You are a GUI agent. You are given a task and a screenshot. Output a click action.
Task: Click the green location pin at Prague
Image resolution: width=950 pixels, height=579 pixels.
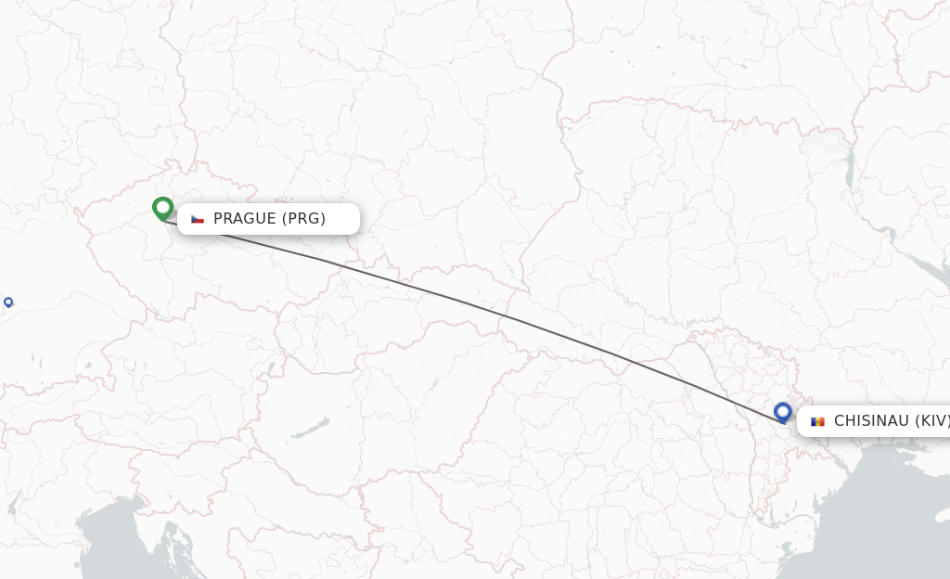(x=163, y=208)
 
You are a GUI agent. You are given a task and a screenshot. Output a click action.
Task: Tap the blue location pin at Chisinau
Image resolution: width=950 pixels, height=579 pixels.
(x=783, y=412)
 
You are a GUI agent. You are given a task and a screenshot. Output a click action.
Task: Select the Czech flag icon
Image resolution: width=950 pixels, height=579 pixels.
(x=198, y=219)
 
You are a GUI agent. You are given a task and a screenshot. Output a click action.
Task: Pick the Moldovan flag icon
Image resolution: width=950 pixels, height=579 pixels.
(x=817, y=421)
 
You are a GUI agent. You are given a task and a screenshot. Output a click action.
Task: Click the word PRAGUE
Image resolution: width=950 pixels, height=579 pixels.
(x=245, y=219)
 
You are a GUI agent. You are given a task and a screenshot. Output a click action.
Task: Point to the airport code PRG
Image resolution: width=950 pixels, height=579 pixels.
(x=303, y=219)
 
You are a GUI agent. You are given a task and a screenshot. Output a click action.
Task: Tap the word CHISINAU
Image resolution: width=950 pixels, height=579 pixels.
(x=870, y=421)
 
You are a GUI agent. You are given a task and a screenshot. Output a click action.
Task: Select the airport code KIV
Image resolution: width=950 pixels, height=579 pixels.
(x=932, y=421)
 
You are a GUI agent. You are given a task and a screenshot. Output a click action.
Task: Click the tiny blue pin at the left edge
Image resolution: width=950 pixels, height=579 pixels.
(x=8, y=302)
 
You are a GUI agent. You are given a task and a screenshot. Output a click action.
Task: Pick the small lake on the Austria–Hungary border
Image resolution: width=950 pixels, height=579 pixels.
(x=270, y=371)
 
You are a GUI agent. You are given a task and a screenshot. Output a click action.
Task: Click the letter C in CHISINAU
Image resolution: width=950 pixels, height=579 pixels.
(x=840, y=421)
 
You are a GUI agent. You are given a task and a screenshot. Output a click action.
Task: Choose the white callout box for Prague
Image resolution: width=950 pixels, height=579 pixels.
(x=268, y=219)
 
